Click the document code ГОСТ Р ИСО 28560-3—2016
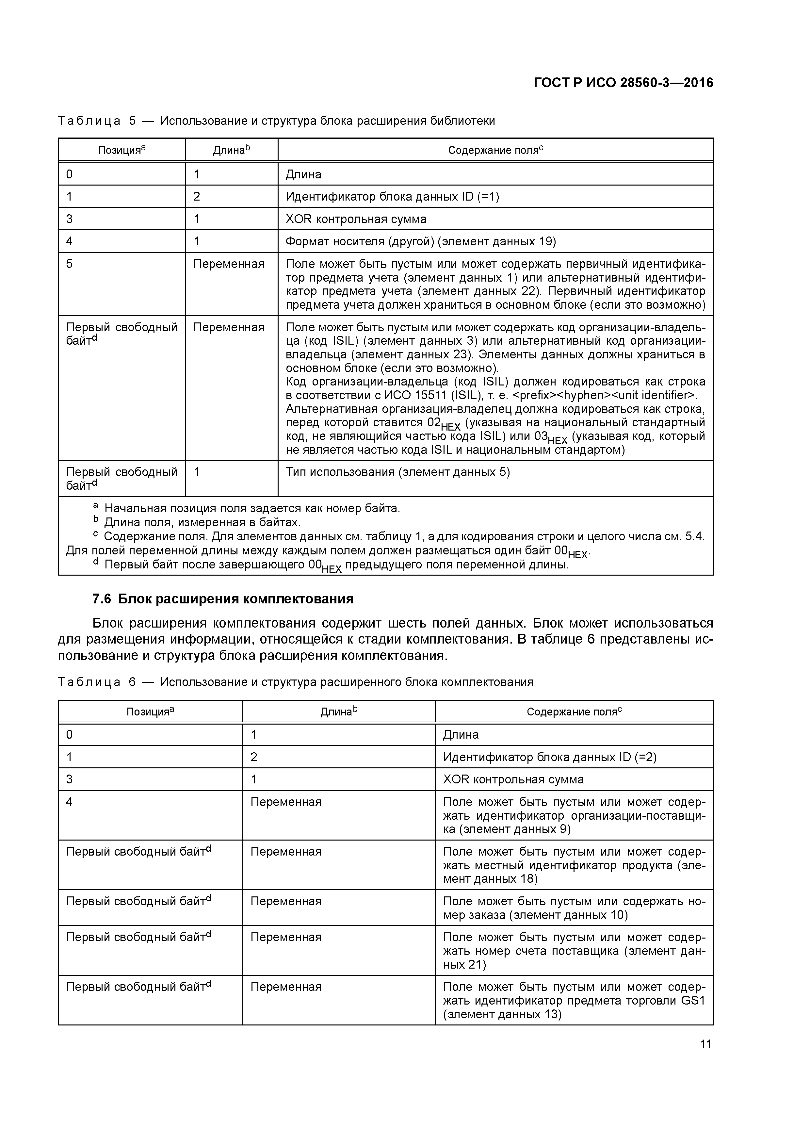pyautogui.click(x=623, y=82)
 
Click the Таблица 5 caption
pyautogui.click(x=277, y=121)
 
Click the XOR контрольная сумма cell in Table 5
pyautogui.click(x=356, y=219)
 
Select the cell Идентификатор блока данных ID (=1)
pyautogui.click(x=392, y=197)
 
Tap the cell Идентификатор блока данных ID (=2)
pyautogui.click(x=549, y=757)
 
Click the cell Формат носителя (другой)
pyautogui.click(x=420, y=241)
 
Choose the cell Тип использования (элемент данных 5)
pyautogui.click(x=397, y=472)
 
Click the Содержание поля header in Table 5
pyautogui.click(x=495, y=150)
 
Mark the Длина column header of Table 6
pyautogui.click(x=339, y=712)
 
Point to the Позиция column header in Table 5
pyautogui.click(x=122, y=150)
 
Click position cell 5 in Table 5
pyautogui.click(x=69, y=264)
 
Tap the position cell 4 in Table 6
pyautogui.click(x=69, y=802)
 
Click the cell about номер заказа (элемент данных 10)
pyautogui.click(x=574, y=908)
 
